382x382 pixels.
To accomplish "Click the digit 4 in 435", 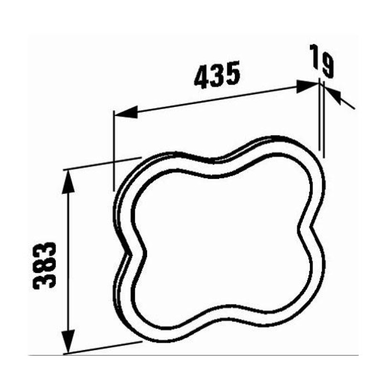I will pyautogui.click(x=201, y=79).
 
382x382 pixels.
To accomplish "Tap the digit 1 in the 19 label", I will pyautogui.click(x=316, y=56).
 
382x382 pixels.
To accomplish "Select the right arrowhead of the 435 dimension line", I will pyautogui.click(x=308, y=85).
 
